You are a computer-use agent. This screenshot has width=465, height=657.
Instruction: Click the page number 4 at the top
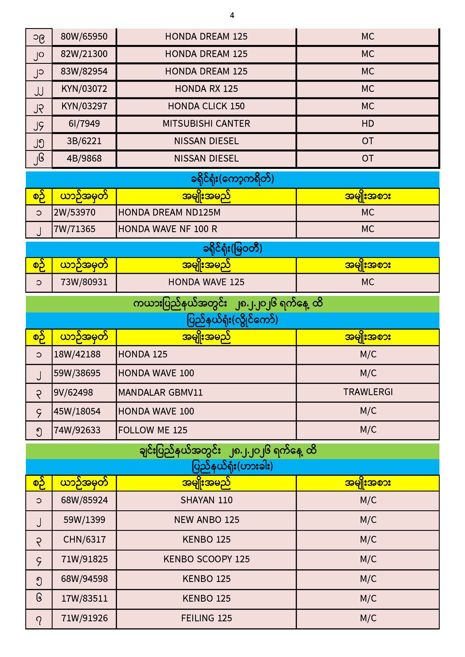[232, 15]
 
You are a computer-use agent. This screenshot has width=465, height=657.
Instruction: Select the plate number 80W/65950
[84, 37]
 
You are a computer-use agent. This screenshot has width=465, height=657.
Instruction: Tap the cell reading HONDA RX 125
[206, 89]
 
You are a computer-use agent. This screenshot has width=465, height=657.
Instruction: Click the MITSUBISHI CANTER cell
[206, 124]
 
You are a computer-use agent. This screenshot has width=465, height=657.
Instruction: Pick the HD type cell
[368, 124]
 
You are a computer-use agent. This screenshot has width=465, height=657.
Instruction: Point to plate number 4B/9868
[84, 158]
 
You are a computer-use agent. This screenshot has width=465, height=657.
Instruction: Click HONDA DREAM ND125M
[169, 213]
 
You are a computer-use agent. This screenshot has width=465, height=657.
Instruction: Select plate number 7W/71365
[75, 229]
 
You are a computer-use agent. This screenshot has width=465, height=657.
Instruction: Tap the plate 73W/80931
[84, 282]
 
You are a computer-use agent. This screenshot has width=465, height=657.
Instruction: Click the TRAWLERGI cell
[368, 392]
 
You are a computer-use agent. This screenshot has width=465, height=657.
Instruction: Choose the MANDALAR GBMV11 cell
[160, 393]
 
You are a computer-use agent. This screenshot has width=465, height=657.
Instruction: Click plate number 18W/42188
[77, 355]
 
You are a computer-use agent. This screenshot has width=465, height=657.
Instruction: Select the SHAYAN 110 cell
[206, 500]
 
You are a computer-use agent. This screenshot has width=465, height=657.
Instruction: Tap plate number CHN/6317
[84, 540]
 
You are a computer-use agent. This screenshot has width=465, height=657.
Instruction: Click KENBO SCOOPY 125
[206, 559]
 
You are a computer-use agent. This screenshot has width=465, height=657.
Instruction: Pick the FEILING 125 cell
[206, 618]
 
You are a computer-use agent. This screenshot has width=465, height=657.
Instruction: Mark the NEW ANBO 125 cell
[206, 520]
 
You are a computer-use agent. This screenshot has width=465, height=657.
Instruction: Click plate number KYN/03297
[84, 107]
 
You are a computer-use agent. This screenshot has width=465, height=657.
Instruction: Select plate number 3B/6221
[84, 141]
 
